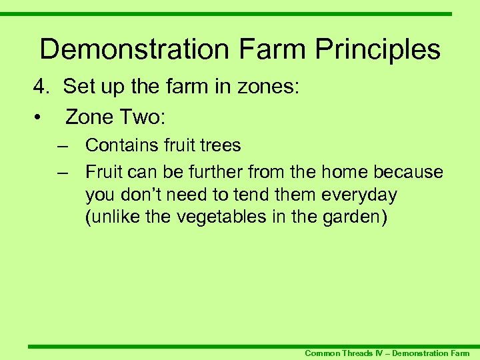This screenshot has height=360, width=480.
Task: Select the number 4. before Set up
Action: pos(42,87)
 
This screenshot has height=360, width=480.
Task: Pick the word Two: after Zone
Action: pos(145,118)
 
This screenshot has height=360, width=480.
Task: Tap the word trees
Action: pos(219,145)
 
